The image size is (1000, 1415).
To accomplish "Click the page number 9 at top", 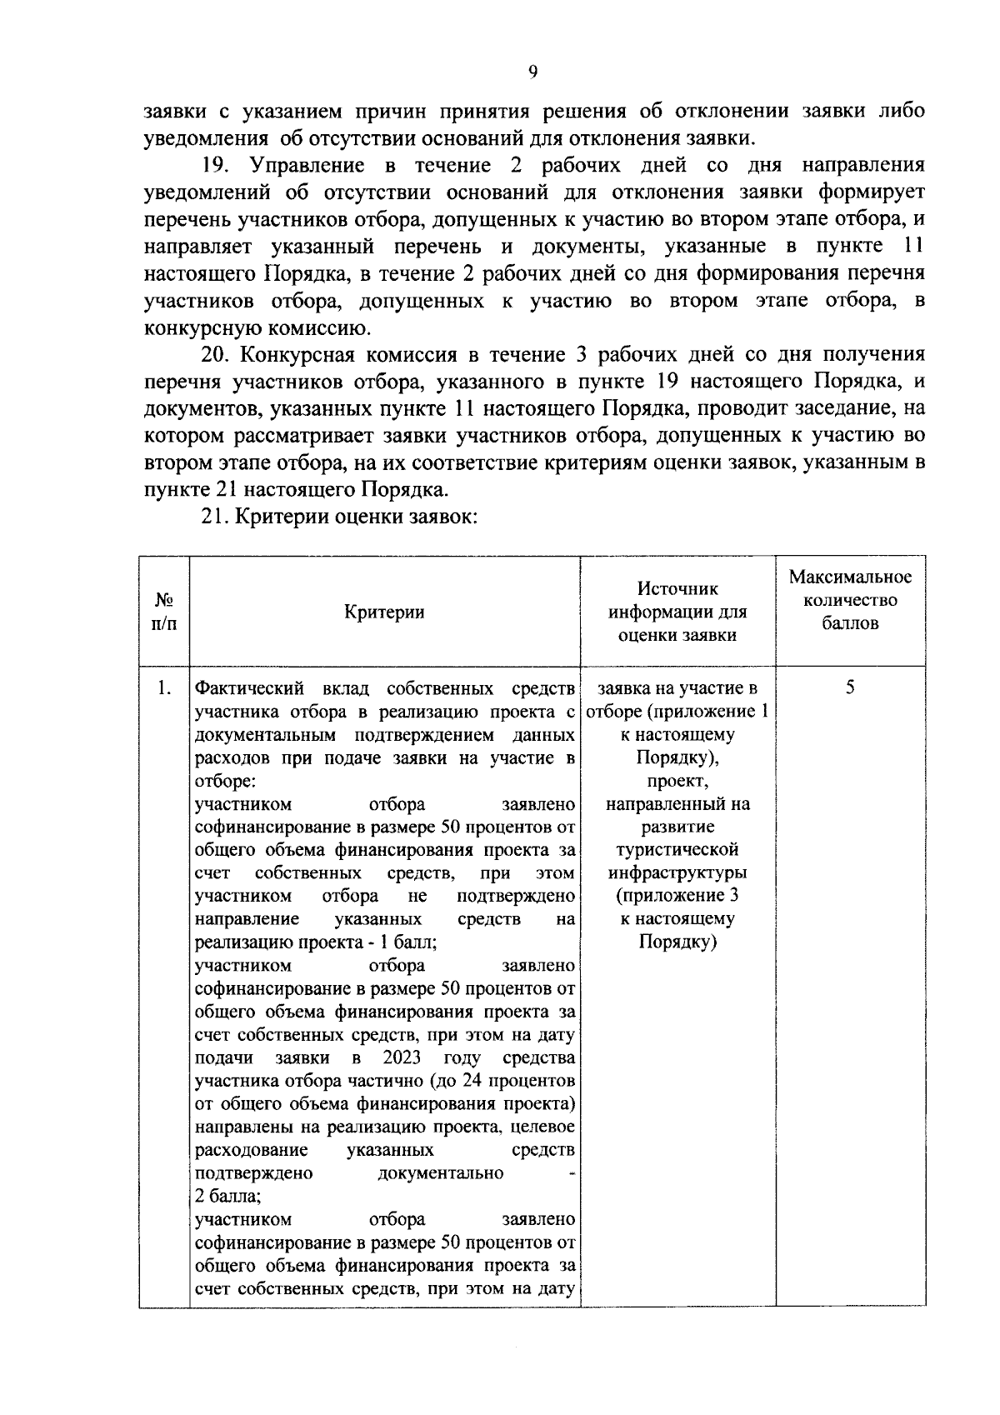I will pyautogui.click(x=532, y=72).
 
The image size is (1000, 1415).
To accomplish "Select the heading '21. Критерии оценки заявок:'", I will pyautogui.click(x=339, y=516).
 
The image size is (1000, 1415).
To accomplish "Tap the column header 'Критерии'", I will pyautogui.click(x=384, y=612).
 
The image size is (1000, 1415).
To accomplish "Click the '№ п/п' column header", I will pyautogui.click(x=164, y=612).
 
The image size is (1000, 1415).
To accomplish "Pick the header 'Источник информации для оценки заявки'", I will pyautogui.click(x=677, y=612).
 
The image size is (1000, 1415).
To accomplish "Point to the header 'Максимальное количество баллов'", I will pyautogui.click(x=850, y=600).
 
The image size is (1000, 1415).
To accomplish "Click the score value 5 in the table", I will pyautogui.click(x=850, y=688).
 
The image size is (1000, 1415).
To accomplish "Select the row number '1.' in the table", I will pyautogui.click(x=164, y=688).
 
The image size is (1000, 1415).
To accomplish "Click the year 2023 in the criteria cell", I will pyautogui.click(x=402, y=1058).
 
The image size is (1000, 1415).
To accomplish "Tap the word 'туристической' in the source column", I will pyautogui.click(x=677, y=850).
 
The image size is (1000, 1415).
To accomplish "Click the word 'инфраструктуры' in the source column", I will pyautogui.click(x=677, y=873).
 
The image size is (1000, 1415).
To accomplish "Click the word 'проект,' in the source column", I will pyautogui.click(x=677, y=781).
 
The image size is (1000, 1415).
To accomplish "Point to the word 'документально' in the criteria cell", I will pyautogui.click(x=440, y=1173).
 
